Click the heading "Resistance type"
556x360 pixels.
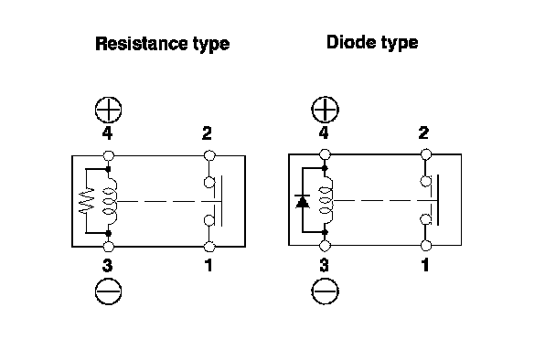coord(163,44)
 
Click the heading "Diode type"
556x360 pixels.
coord(372,42)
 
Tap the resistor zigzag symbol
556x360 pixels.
coord(87,200)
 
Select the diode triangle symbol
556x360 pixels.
coord(303,202)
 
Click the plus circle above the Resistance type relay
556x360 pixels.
coord(109,110)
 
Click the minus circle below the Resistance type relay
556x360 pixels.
coord(109,291)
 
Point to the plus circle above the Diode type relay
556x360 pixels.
coord(325,110)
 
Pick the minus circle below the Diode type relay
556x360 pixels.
coord(325,291)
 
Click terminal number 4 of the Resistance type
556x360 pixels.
coord(107,133)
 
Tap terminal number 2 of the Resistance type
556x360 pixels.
coord(207,133)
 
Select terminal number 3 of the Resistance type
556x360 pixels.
coord(107,265)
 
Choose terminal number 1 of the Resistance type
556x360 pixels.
coord(208,265)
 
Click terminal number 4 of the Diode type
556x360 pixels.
coord(324,132)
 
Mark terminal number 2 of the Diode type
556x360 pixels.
coord(423,132)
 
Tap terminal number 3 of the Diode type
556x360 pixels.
coord(324,265)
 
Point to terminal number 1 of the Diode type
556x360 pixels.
coord(425,265)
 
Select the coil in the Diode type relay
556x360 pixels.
coord(327,201)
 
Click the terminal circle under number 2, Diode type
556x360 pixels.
coord(426,154)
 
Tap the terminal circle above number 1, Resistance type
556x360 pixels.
coord(209,247)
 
